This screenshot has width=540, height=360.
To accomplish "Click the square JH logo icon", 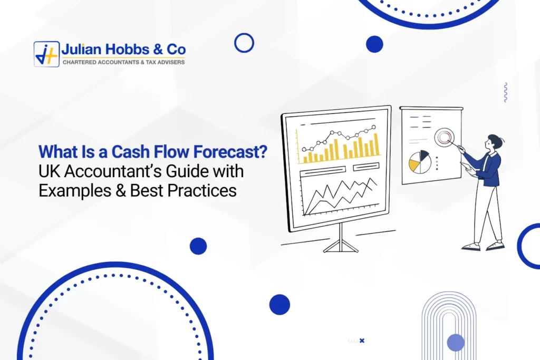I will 46,54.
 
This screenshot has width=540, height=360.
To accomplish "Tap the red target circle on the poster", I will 443,138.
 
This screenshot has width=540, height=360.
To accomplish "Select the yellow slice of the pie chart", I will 415,165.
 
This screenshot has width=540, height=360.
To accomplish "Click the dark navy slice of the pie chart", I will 423,155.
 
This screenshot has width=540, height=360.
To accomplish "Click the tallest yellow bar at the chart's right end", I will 376,144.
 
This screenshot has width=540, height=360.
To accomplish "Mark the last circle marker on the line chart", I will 374,127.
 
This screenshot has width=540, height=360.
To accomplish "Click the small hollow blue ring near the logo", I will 244,43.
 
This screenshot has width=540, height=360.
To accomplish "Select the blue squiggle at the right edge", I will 505,92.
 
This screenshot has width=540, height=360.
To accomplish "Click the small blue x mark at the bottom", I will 362,340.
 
